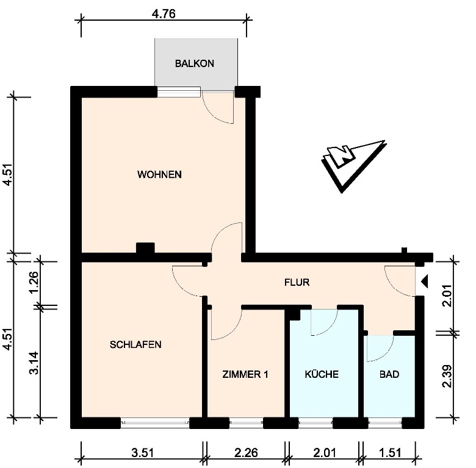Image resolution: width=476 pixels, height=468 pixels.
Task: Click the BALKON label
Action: coord(195,63)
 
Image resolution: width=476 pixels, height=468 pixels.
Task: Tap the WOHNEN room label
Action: coord(159,175)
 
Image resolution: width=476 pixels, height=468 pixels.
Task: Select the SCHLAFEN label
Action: coord(135,345)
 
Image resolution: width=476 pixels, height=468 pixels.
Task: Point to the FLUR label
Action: coord(297,283)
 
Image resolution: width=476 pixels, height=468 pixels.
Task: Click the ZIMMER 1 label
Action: coord(245,374)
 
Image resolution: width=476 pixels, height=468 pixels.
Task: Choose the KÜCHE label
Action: coord(322,374)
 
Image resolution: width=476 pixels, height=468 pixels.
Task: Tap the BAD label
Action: coord(389,374)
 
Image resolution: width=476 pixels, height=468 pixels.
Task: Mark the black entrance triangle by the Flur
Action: coord(424,281)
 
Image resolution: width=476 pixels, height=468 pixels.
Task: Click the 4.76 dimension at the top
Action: coord(164,14)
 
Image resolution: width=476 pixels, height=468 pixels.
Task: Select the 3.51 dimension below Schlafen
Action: coord(143,453)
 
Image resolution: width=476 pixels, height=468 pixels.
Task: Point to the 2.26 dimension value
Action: coord(246,453)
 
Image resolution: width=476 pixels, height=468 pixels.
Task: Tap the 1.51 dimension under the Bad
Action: coord(390,453)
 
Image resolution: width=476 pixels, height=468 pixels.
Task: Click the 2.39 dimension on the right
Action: coord(447,376)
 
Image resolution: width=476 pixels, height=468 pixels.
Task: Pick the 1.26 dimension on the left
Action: coord(34,282)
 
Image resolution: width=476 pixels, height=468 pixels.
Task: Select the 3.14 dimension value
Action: coord(34,363)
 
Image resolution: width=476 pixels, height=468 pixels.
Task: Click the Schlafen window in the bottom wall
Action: coord(155,423)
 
